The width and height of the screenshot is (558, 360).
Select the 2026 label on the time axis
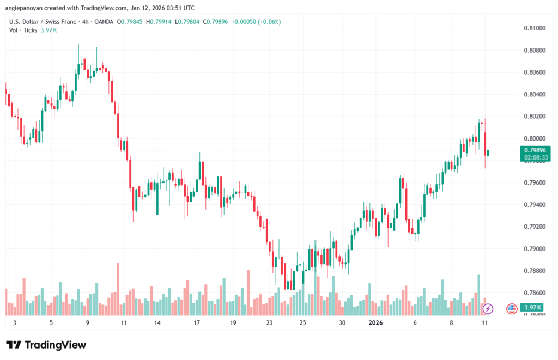pos(376,323)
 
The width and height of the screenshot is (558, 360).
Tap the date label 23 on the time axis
pos(269,323)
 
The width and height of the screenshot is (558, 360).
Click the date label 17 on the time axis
pos(197,323)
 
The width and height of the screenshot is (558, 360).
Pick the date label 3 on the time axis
pos(15,323)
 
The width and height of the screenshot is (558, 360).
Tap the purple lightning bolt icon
pos(488,309)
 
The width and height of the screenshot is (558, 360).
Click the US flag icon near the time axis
pos(512,309)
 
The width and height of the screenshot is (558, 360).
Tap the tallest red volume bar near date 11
pos(118,289)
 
